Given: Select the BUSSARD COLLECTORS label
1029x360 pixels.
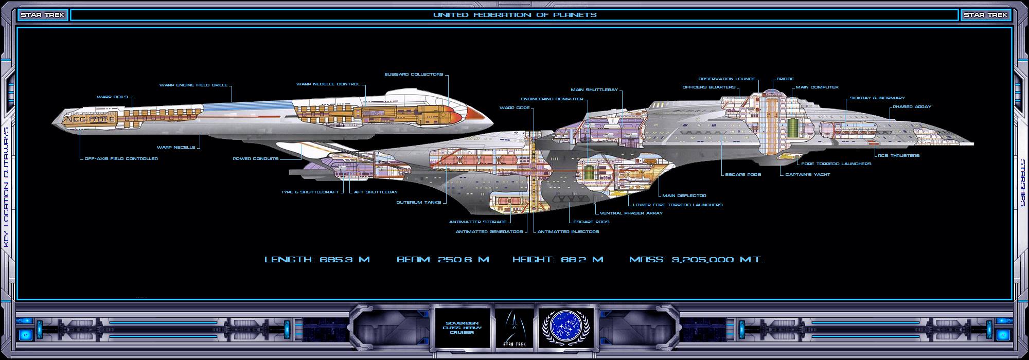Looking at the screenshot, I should click(x=414, y=75).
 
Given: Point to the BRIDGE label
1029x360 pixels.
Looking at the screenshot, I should click(x=785, y=79).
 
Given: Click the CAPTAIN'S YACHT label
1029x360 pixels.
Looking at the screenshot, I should click(x=807, y=175).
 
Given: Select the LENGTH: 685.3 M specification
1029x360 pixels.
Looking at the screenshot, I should click(x=317, y=260).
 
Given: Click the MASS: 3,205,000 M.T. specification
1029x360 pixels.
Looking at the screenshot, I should click(x=696, y=260).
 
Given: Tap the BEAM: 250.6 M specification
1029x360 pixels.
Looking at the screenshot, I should click(x=442, y=260).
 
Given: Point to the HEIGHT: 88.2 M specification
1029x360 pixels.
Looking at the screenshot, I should click(x=558, y=260).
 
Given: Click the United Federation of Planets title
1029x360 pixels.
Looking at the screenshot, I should click(x=514, y=15).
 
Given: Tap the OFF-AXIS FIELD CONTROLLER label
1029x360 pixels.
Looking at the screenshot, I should click(x=121, y=159).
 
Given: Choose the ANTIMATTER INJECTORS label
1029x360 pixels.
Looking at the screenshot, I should click(x=568, y=232).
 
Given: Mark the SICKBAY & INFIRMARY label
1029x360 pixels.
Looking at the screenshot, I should click(x=877, y=98).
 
